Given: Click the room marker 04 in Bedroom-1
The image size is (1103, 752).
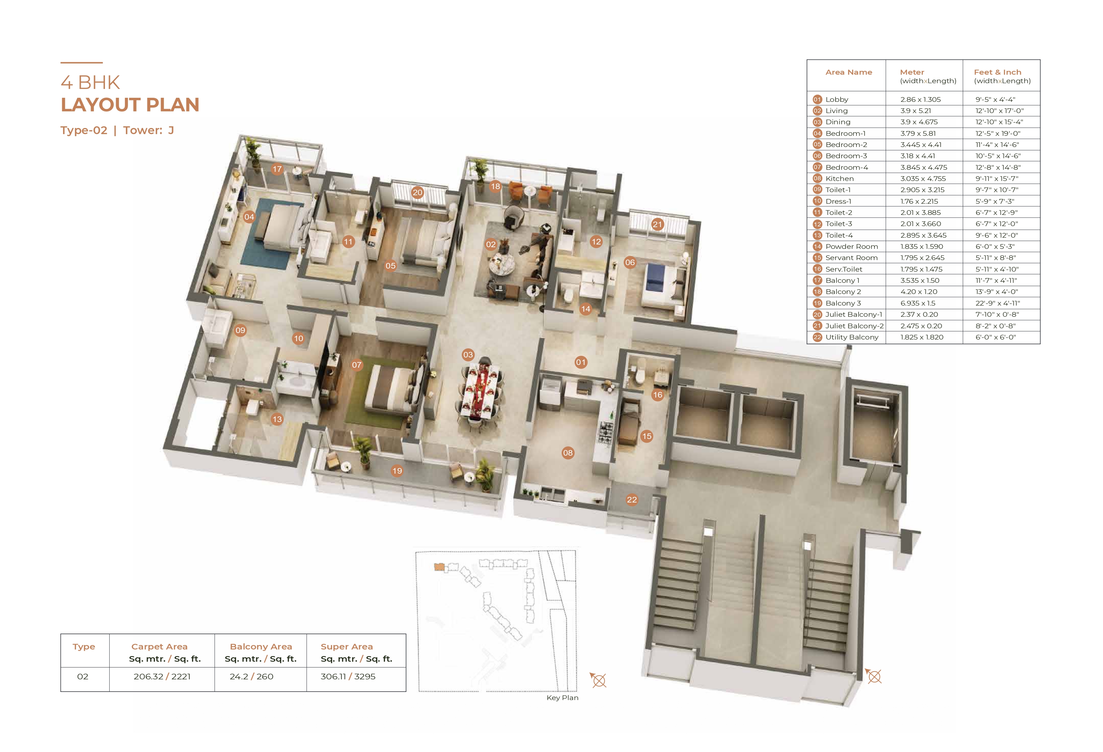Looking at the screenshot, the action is (x=249, y=217).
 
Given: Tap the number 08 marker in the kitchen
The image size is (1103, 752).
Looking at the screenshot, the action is (x=568, y=453).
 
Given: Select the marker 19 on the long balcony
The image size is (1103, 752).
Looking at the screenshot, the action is (x=397, y=471).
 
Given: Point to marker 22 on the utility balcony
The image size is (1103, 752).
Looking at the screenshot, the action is (x=632, y=499).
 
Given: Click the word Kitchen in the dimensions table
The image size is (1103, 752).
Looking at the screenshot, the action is (x=840, y=179).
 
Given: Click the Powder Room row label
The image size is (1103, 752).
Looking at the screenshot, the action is (x=851, y=246).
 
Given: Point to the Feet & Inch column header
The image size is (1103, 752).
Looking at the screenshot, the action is (x=998, y=72).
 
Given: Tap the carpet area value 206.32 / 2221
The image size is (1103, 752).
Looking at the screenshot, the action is (x=162, y=677).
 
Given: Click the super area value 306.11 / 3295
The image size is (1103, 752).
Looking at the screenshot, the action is (x=348, y=677).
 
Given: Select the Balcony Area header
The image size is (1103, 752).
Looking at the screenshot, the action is (x=261, y=647).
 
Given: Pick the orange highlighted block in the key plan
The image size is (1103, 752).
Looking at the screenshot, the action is (x=439, y=567).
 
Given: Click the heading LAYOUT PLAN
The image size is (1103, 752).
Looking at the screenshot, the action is (x=130, y=105).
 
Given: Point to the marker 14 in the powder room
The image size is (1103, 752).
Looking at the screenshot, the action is (x=586, y=309).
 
